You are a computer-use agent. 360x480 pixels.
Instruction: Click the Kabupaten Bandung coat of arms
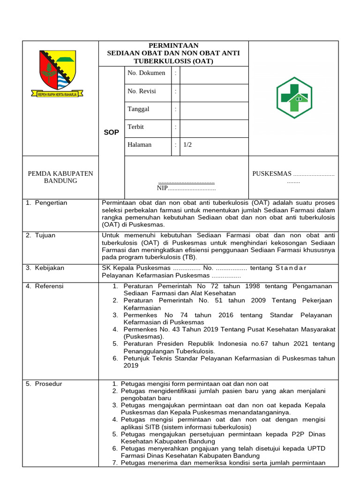57,73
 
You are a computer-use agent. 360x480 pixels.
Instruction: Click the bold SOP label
112,133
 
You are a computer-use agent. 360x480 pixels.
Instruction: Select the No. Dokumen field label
146,73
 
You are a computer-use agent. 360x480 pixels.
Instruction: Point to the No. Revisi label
142,91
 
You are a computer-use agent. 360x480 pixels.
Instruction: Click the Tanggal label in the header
138,109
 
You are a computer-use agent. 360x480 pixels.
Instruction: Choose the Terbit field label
135,127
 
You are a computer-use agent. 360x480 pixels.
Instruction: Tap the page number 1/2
187,145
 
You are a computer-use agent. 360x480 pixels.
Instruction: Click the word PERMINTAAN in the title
173,45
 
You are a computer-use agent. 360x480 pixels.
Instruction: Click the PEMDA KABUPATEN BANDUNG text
60,177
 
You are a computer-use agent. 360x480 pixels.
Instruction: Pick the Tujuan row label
45,235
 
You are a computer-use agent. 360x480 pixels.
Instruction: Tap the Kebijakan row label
49,268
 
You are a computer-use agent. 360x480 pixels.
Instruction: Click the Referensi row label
49,286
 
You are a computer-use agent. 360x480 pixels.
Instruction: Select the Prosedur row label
48,384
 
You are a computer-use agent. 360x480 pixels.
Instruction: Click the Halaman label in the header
140,145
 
